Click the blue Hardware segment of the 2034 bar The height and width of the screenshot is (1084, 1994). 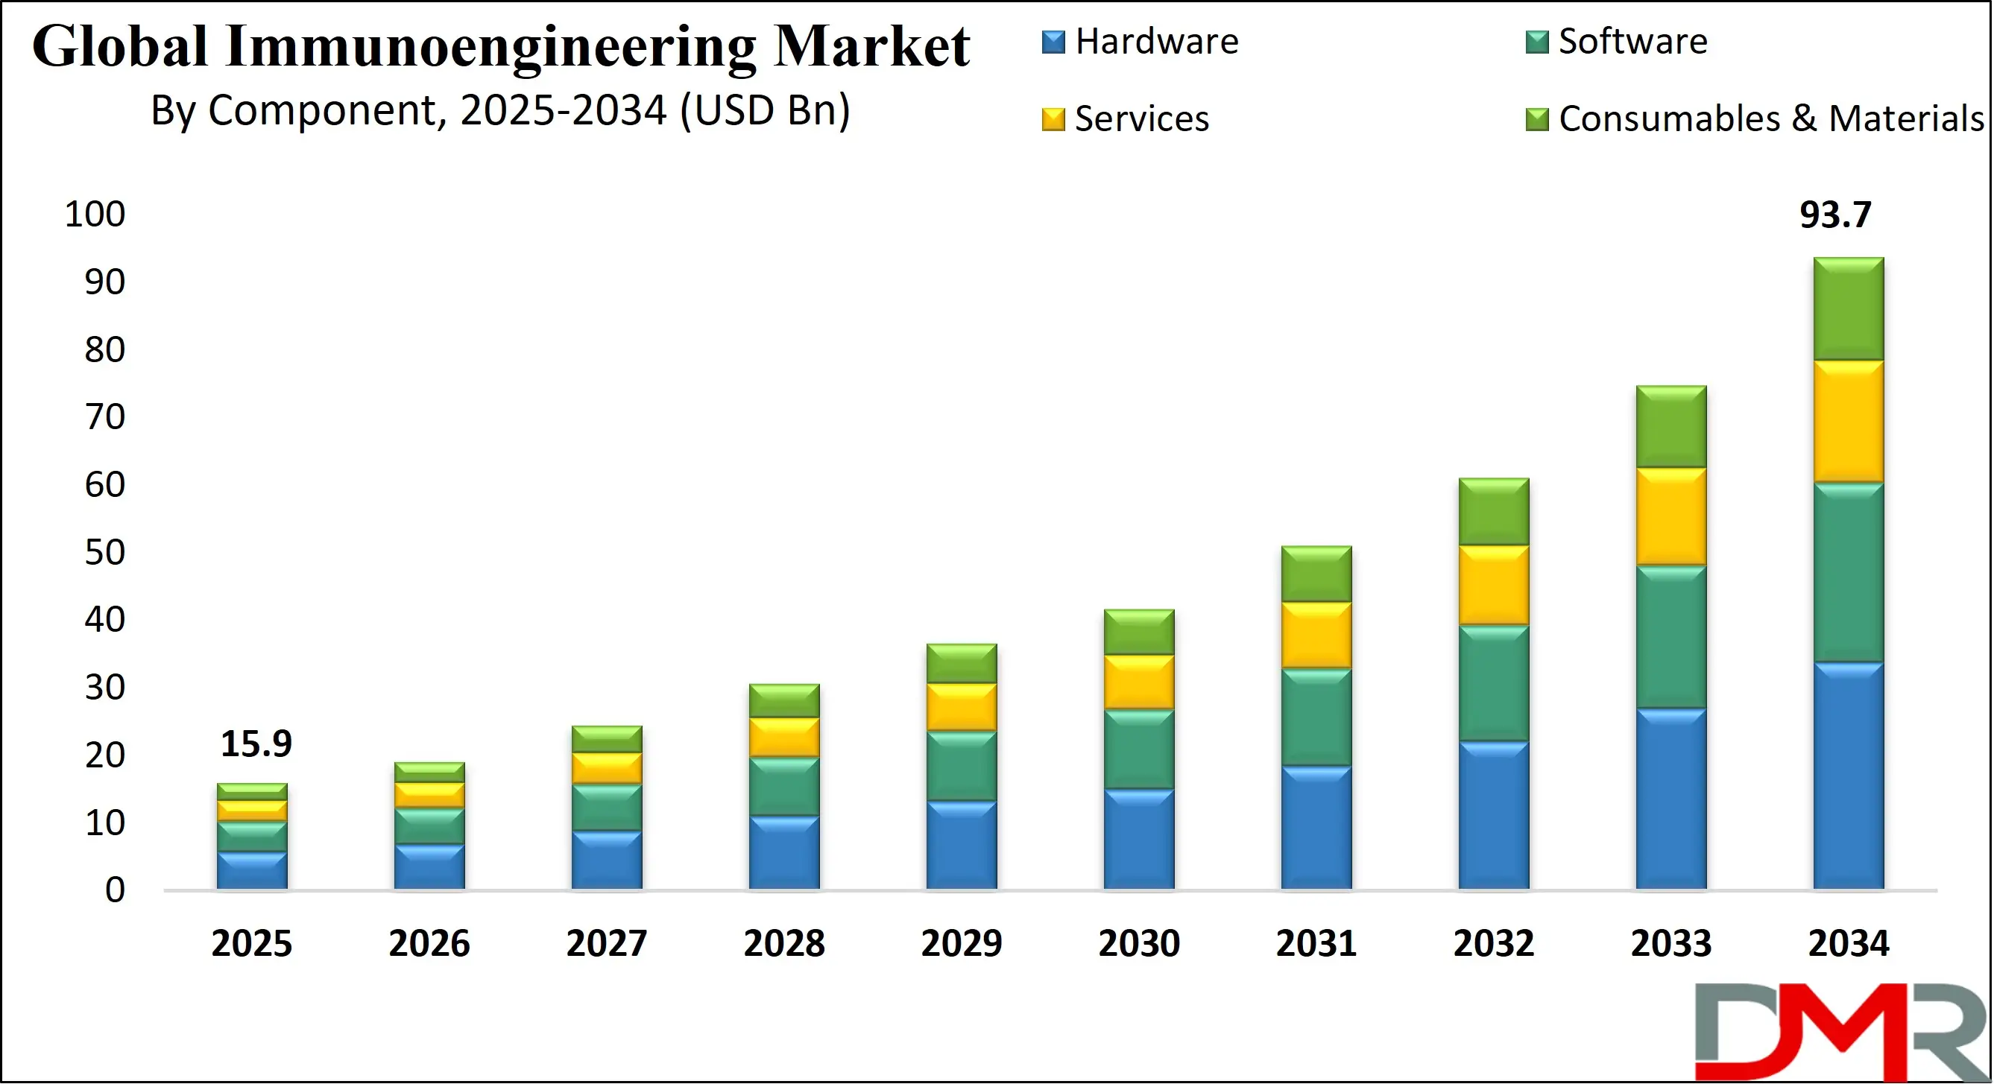click(1849, 776)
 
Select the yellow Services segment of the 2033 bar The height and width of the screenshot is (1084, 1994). click(1671, 517)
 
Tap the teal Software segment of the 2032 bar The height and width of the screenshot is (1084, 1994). click(1493, 683)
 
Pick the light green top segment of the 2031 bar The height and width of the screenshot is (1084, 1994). click(1316, 574)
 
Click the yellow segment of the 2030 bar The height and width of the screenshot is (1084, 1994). click(1139, 682)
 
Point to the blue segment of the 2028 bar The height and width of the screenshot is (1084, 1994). click(784, 852)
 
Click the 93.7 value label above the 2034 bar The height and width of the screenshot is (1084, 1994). click(1834, 215)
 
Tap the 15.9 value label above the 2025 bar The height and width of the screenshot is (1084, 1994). click(256, 744)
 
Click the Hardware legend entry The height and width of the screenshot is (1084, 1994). click(1156, 42)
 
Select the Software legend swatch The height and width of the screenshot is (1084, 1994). click(1536, 42)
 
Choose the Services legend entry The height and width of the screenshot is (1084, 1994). click(1141, 119)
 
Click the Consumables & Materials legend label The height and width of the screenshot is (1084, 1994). click(1771, 119)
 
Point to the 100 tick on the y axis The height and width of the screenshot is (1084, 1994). click(95, 215)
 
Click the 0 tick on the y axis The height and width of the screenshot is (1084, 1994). click(115, 890)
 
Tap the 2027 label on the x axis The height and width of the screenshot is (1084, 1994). click(606, 944)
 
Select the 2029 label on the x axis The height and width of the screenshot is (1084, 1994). click(962, 944)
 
